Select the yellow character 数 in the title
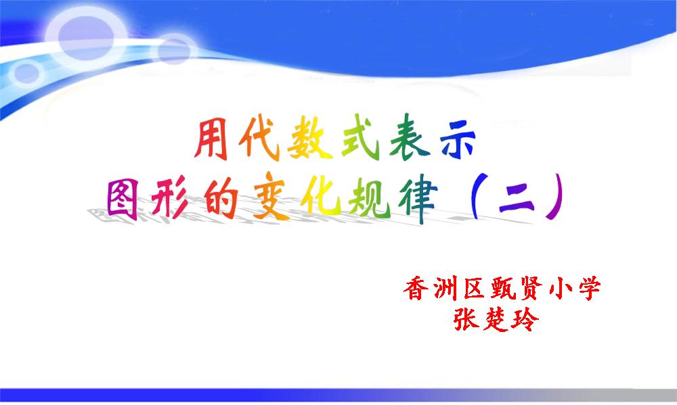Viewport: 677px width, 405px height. [x=309, y=138]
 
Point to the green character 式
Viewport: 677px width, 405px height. [x=360, y=137]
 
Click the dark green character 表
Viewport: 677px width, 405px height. [x=410, y=137]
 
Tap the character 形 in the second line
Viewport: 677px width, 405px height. [x=170, y=197]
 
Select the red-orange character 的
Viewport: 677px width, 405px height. [x=222, y=197]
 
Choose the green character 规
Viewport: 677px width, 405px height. [x=370, y=197]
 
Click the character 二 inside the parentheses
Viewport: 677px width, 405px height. [x=517, y=201]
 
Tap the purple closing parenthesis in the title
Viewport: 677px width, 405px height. [x=556, y=196]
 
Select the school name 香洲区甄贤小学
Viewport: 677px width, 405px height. [x=502, y=288]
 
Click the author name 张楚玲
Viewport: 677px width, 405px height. [x=496, y=320]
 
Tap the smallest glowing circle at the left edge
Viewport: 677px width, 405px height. [x=26, y=72]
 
